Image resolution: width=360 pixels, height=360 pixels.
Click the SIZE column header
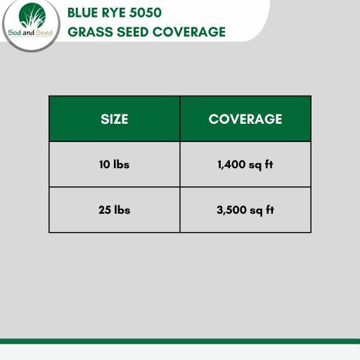pyautogui.click(x=115, y=119)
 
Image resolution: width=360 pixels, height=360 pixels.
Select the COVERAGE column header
pyautogui.click(x=245, y=119)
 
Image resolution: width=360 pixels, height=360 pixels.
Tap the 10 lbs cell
pyautogui.click(x=115, y=165)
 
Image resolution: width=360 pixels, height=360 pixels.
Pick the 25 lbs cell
pyautogui.click(x=115, y=210)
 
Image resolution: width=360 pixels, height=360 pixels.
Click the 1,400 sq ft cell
pyautogui.click(x=245, y=165)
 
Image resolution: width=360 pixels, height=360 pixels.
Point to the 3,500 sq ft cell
pyautogui.click(x=245, y=210)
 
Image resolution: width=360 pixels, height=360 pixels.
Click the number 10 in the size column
pyautogui.click(x=104, y=165)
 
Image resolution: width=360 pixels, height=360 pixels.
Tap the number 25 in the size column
pyautogui.click(x=104, y=210)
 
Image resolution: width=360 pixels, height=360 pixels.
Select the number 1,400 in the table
pyautogui.click(x=231, y=165)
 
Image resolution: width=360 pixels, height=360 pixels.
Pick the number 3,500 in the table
pyautogui.click(x=231, y=210)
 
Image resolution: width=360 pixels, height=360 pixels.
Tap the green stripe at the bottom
pyautogui.click(x=180, y=341)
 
